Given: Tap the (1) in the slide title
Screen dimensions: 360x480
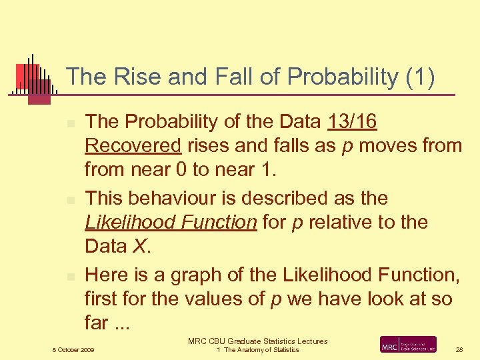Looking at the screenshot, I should pyautogui.click(x=420, y=77).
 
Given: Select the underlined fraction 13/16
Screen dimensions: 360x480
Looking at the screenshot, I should pyautogui.click(x=353, y=122).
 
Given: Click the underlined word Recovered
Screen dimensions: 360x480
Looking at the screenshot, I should pyautogui.click(x=133, y=146).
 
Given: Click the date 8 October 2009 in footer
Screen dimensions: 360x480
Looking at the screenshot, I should pyautogui.click(x=73, y=349).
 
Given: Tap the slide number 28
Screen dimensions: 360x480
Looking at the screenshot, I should pyautogui.click(x=459, y=349).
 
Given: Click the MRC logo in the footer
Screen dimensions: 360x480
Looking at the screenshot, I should pyautogui.click(x=408, y=345).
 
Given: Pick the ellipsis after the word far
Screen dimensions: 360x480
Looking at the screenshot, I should pyautogui.click(x=121, y=324).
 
